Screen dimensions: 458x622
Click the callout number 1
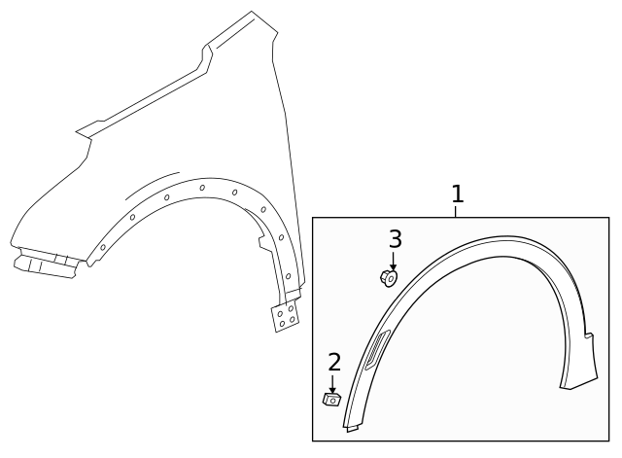(x=457, y=194)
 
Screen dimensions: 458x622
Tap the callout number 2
(x=334, y=363)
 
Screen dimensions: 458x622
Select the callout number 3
(x=395, y=239)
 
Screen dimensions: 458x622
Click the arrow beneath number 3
(x=393, y=262)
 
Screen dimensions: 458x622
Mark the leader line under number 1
(x=456, y=211)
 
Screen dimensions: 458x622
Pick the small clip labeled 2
(x=331, y=399)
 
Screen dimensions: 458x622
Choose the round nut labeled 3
(x=389, y=278)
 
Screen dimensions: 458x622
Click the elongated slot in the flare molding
(x=376, y=349)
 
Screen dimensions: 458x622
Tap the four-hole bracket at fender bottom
(x=286, y=316)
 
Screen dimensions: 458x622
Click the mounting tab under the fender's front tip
(x=44, y=264)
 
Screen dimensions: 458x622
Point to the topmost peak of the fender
(x=252, y=13)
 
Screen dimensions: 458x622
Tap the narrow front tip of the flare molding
(x=351, y=424)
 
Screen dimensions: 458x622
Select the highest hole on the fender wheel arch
(x=202, y=188)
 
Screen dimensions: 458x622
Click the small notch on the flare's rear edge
(x=588, y=336)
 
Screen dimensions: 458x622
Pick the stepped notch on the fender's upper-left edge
(x=87, y=128)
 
